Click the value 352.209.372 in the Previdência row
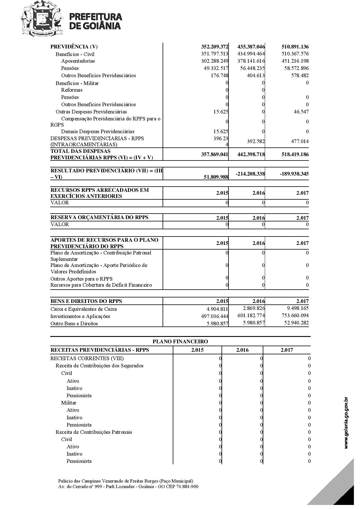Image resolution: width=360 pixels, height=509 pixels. pyautogui.click(x=215, y=47)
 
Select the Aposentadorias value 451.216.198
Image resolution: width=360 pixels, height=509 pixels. pyautogui.click(x=295, y=61)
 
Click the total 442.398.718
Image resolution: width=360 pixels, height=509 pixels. pyautogui.click(x=251, y=154)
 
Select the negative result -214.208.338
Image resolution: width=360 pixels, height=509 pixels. pyautogui.click(x=250, y=174)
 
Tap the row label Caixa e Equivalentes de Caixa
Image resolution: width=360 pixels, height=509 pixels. pyautogui.click(x=84, y=309)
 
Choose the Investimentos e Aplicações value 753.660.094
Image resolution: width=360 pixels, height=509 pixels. pyautogui.click(x=295, y=315)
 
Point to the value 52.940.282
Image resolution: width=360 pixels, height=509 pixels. pyautogui.click(x=296, y=323)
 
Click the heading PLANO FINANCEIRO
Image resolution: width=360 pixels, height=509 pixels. pyautogui.click(x=180, y=342)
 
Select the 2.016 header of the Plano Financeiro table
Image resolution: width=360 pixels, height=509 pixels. pyautogui.click(x=242, y=350)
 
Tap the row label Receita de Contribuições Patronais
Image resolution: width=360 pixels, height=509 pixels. pyautogui.click(x=94, y=432)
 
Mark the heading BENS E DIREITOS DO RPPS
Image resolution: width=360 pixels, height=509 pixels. pyautogui.click(x=86, y=301)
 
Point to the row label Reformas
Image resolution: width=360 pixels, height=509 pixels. pyautogui.click(x=72, y=90)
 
